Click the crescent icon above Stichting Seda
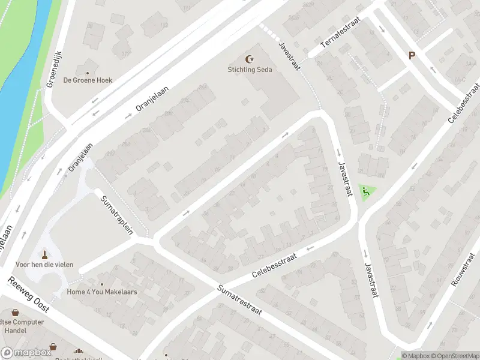pos(250,59)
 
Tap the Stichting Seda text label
pos(250,70)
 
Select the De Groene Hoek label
pos(88,80)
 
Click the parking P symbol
pos(412,55)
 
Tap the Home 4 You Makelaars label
pos(102,292)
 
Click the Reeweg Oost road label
pos(29,295)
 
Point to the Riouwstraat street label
pos(464,269)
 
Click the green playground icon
pos(365,191)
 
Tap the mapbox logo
pos(26,353)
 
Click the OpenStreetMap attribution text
pos(453,356)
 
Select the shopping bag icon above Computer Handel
pos(15,313)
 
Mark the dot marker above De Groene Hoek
pos(88,70)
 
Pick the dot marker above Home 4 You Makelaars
pos(101,284)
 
